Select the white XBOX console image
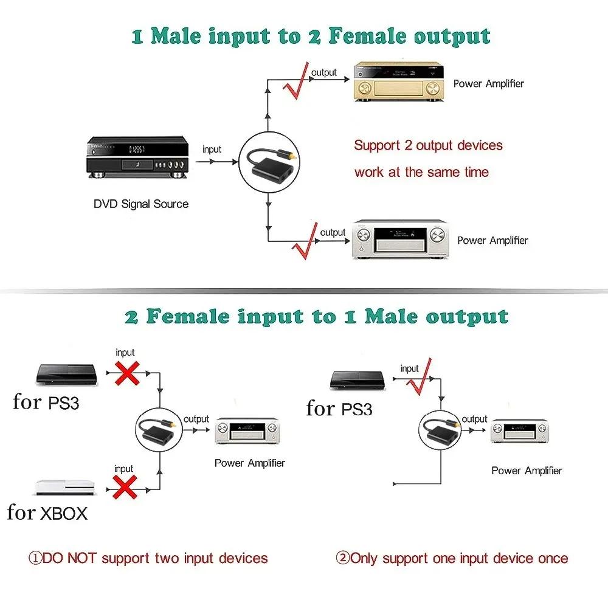66,489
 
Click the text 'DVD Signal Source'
141,204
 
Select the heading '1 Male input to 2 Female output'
311,36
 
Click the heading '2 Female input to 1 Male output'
316,317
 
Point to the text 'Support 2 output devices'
429,146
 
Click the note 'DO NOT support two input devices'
148,558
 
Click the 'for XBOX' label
47,513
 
